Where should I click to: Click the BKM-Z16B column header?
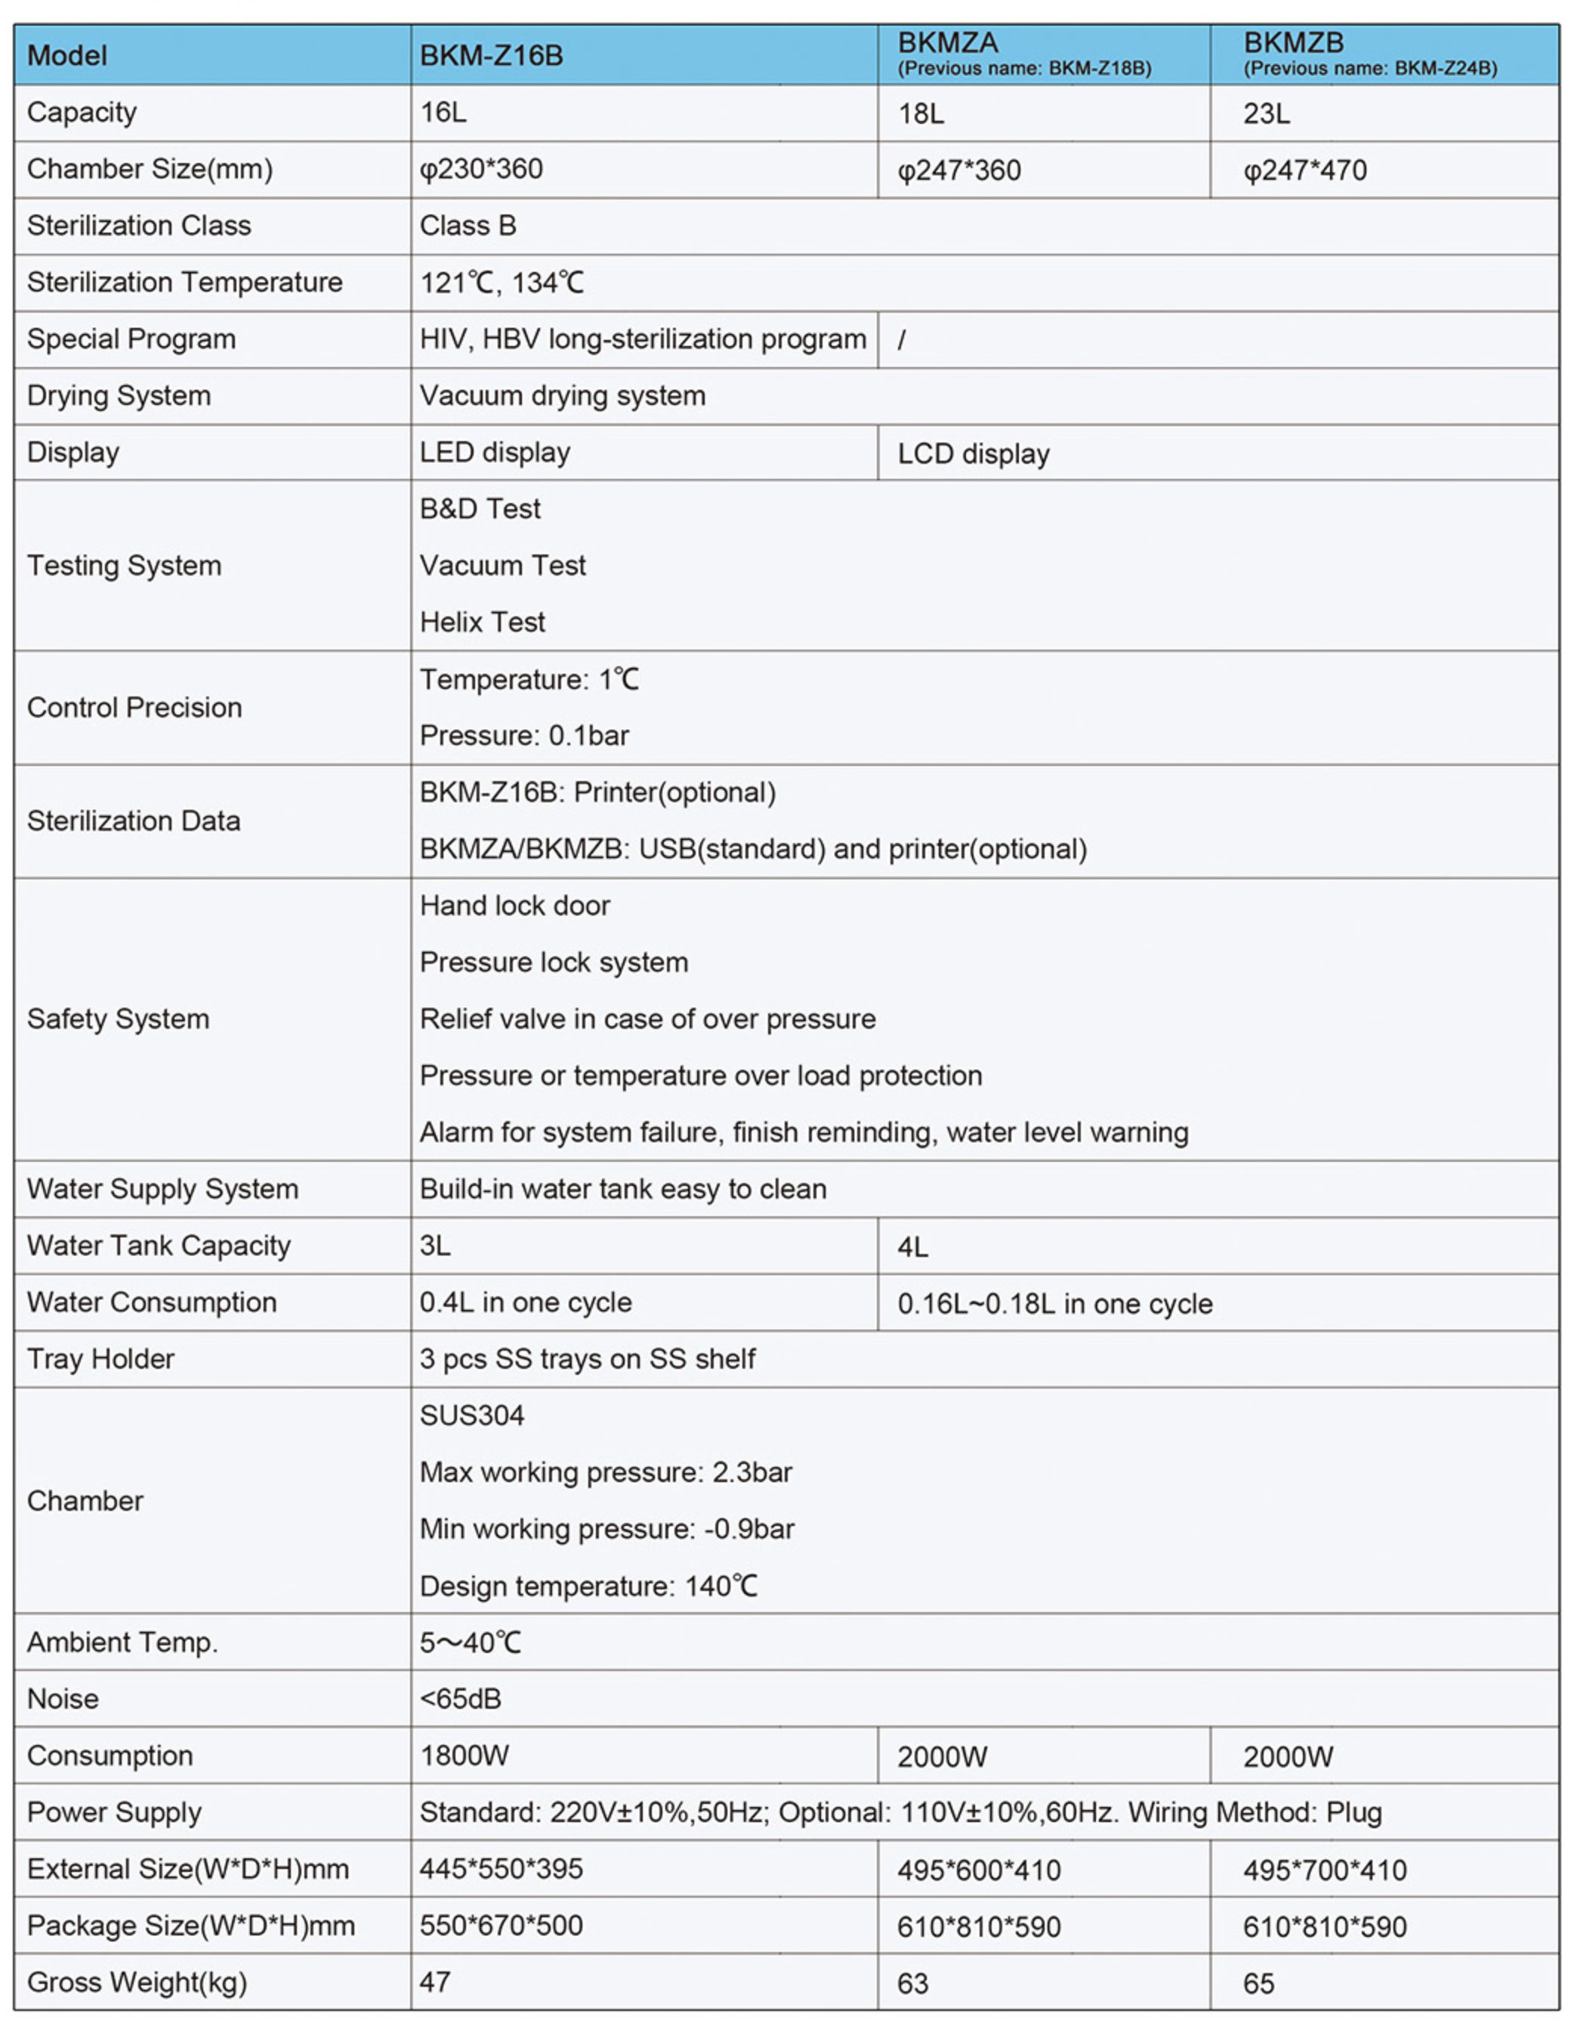pos(491,56)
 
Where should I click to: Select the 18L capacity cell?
pos(921,114)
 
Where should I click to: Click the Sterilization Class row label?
pos(139,226)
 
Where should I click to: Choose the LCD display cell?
pos(973,454)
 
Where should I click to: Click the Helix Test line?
pos(482,622)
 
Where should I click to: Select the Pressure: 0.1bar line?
pos(524,736)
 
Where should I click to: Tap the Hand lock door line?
pos(514,906)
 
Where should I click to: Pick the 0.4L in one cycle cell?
pos(525,1302)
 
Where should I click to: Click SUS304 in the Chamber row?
pos(471,1416)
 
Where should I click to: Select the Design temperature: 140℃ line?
pos(588,1586)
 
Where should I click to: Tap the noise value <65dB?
pos(461,1699)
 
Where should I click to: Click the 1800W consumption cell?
pos(464,1756)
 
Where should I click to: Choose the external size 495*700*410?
pos(1325,1870)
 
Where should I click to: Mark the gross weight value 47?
pos(435,1982)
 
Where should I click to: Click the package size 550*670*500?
pos(501,1926)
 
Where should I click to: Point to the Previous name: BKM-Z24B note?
pos(1369,69)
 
